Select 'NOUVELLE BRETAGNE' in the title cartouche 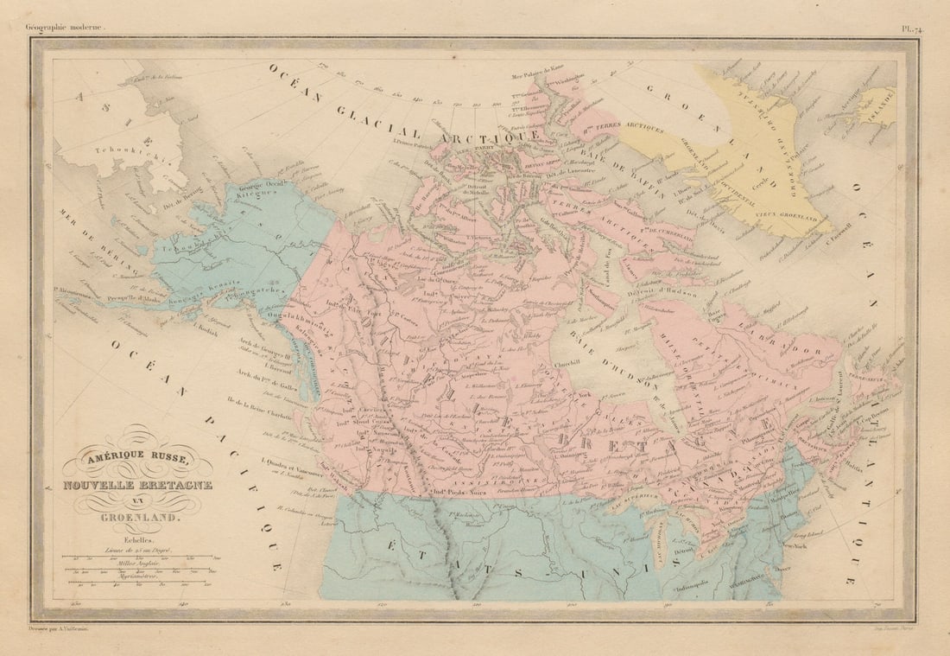[x=136, y=484]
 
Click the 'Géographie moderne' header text [x=65, y=28]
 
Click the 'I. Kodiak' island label [x=206, y=328]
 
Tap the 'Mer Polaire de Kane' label [x=537, y=76]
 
